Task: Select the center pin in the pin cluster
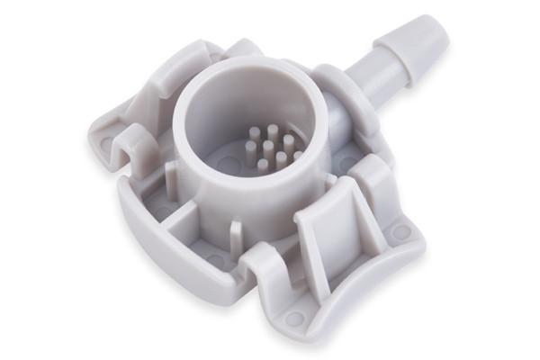[x=268, y=148]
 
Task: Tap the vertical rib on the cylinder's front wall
[x=235, y=236]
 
